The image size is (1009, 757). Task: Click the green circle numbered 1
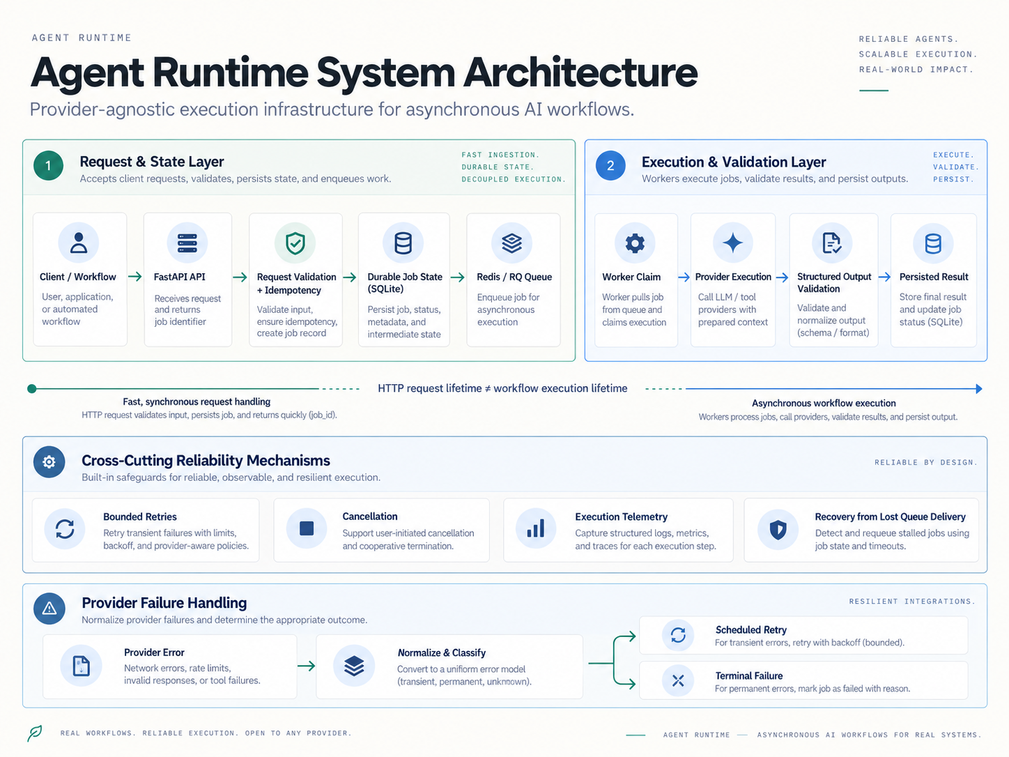(48, 165)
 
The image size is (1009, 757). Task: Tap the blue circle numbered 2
(610, 165)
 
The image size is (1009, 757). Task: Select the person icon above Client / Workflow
(79, 243)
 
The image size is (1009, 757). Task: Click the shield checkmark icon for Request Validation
(295, 243)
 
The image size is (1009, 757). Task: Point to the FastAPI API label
(179, 277)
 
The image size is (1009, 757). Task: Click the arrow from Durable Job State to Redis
(457, 277)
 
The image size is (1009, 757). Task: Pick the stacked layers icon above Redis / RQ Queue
(511, 243)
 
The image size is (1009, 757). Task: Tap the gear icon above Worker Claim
(635, 243)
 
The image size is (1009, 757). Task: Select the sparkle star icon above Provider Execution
(733, 243)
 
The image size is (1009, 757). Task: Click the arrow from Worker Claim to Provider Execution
(684, 277)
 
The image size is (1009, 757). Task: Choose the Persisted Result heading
(934, 277)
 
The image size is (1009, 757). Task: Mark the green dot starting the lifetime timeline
(32, 389)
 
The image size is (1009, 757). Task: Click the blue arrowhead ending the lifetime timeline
(978, 389)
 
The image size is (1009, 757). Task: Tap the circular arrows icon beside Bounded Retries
(65, 529)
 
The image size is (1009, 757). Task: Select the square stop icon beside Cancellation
(307, 528)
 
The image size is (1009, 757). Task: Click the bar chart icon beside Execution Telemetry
(536, 528)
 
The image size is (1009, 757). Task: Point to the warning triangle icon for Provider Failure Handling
(49, 609)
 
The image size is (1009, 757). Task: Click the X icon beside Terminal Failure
(678, 680)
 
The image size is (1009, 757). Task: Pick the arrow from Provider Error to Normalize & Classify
(306, 666)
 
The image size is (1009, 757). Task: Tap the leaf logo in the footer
(34, 733)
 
